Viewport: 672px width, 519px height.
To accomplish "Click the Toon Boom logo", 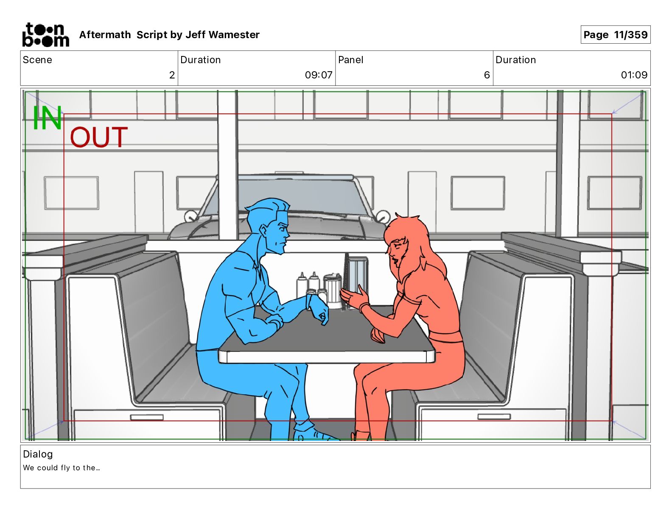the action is coord(46,35).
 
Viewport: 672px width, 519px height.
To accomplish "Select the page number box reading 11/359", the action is coord(616,35).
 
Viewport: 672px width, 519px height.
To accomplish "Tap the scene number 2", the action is coord(172,75).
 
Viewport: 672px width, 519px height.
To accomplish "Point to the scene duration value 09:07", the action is coord(319,75).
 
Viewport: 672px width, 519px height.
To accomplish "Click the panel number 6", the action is coord(487,75).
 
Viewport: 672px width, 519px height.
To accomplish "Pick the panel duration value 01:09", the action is coord(634,75).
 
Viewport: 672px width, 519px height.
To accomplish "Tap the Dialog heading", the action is coord(38,454).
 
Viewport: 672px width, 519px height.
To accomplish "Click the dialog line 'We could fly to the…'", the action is coord(61,468).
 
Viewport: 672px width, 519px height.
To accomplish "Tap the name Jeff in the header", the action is coord(196,35).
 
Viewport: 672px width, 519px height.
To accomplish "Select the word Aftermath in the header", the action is coord(105,35).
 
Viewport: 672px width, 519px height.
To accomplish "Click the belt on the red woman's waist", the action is coord(445,337).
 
